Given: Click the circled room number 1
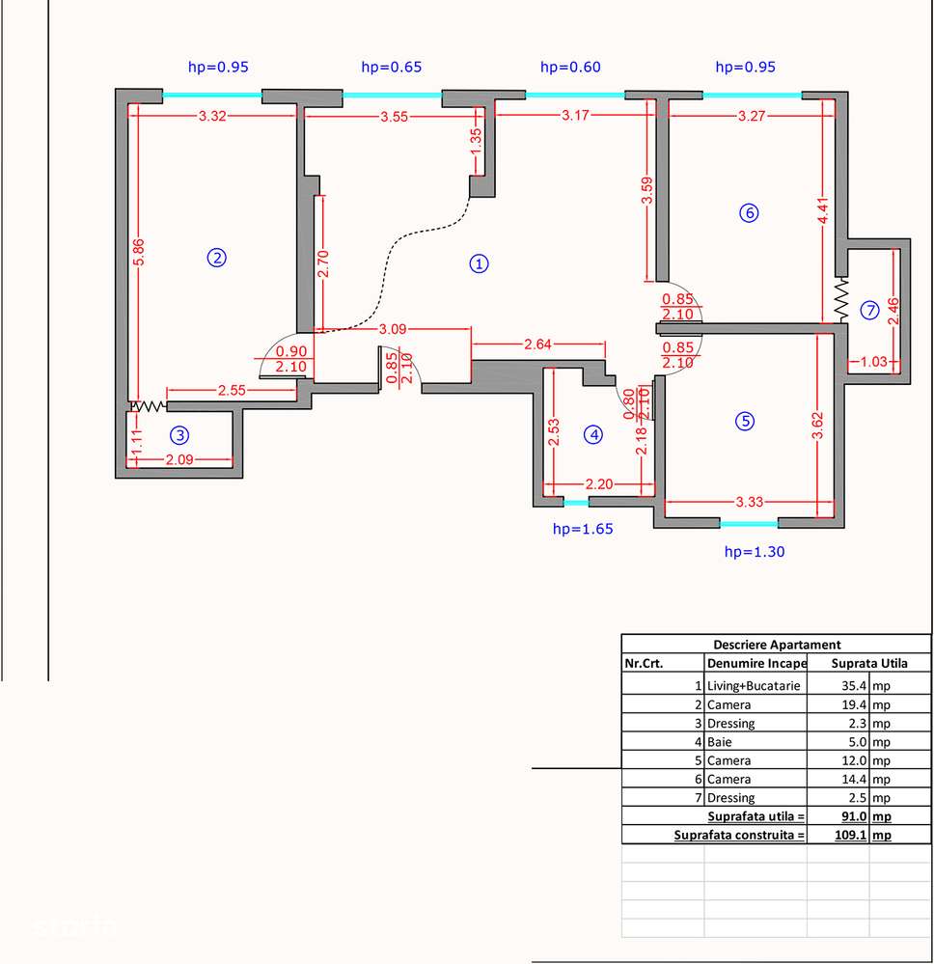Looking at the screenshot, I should click(x=478, y=262).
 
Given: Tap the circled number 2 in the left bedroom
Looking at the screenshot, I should click(x=217, y=257).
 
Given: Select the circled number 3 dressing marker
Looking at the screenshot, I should click(x=178, y=434).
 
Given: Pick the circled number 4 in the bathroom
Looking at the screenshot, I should click(x=593, y=435).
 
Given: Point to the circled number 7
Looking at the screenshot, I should click(x=869, y=310).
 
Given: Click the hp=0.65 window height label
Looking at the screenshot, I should click(x=391, y=68).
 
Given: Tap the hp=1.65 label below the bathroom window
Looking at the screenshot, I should click(x=583, y=529).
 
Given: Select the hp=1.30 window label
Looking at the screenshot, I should click(x=755, y=552).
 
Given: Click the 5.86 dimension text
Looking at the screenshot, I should click(x=139, y=253).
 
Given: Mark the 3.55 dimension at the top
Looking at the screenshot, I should click(x=394, y=116).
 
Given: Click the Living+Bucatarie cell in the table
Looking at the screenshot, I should click(x=754, y=686).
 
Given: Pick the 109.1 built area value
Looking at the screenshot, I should click(x=850, y=835).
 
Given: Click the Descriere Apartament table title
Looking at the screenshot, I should click(x=776, y=645).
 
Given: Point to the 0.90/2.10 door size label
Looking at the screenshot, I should click(x=291, y=359).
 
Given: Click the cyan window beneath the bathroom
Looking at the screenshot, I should click(x=576, y=503).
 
